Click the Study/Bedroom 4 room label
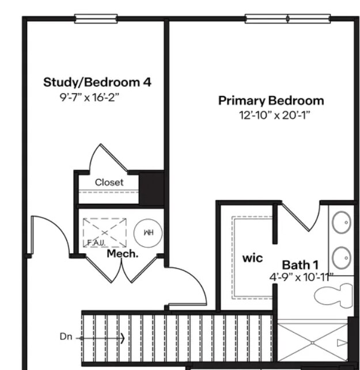point(97,82)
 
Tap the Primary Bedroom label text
point(271,101)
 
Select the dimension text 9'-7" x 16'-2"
point(89,97)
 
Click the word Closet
point(109,182)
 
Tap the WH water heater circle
point(148,233)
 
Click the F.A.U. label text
point(96,243)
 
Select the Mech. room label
point(123,254)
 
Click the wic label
point(252,258)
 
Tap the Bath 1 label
point(300,265)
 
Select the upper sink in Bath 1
point(342,220)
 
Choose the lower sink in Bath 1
point(342,255)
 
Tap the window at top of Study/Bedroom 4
point(96,19)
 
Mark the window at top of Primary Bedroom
point(287,19)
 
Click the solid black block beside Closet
point(153,188)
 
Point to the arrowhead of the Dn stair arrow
point(122,338)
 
